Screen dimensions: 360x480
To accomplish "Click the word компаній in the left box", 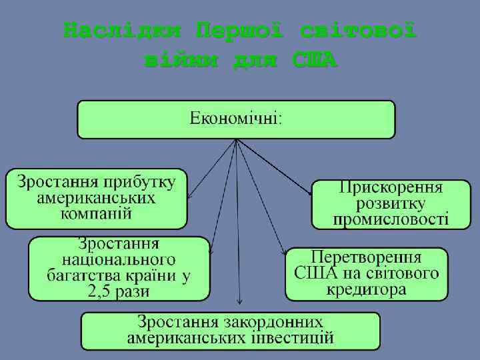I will tap(96, 214).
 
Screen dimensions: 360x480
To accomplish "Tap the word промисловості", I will tap(391, 219).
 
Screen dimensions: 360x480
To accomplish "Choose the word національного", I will tap(119, 259).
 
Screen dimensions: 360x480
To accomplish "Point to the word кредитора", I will tap(366, 289).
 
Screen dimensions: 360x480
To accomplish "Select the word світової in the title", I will tap(359, 31).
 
